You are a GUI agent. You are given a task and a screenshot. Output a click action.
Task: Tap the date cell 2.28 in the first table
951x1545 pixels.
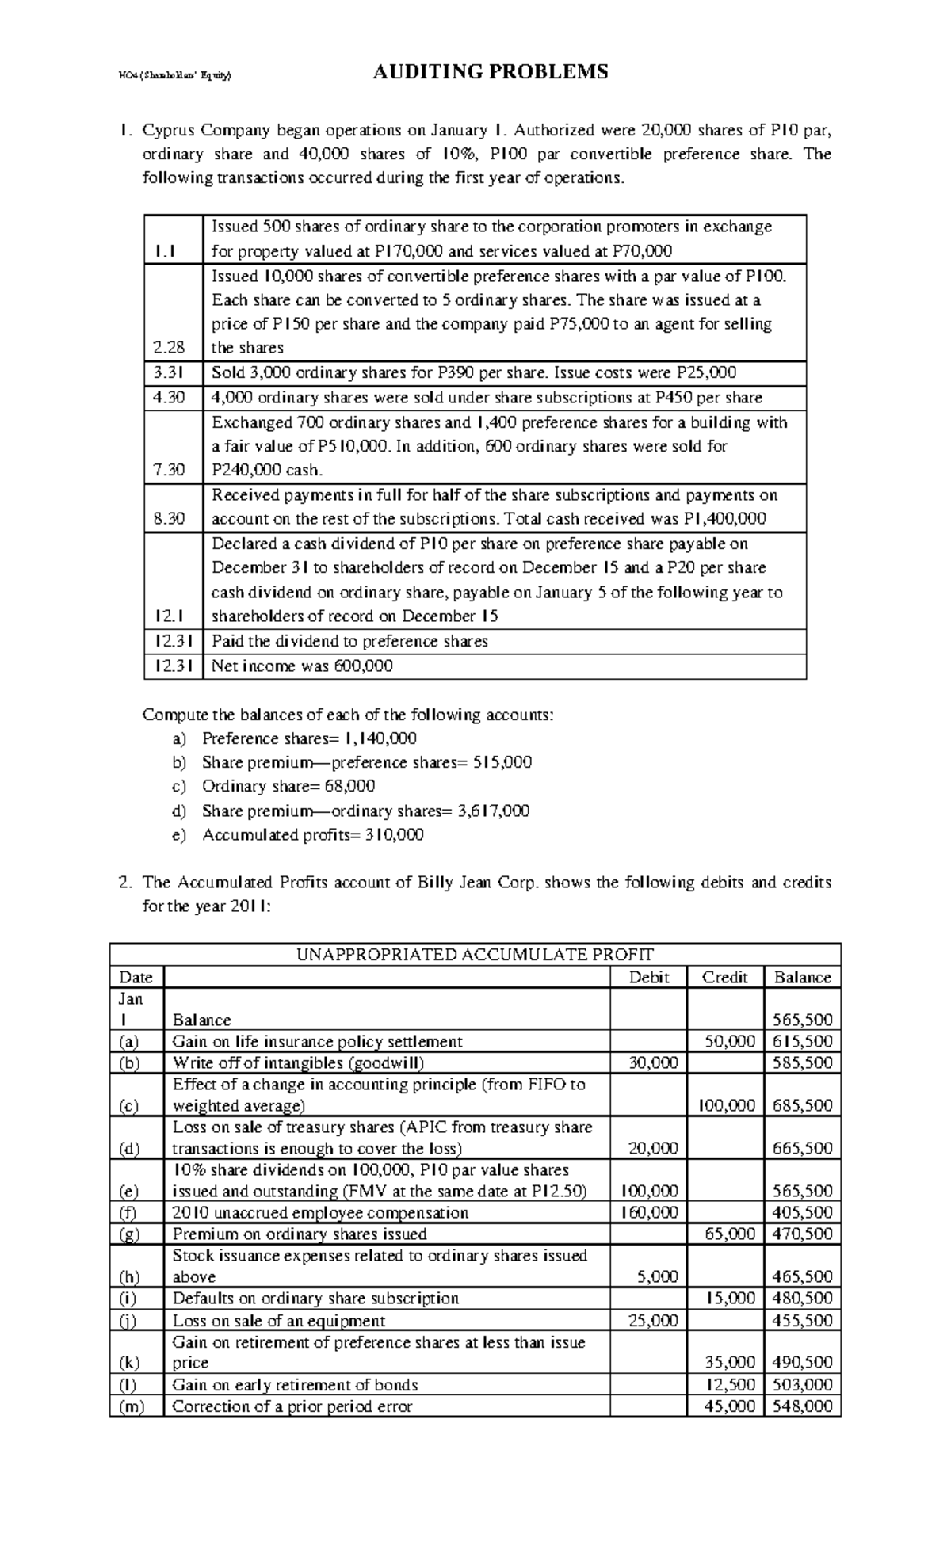tap(174, 347)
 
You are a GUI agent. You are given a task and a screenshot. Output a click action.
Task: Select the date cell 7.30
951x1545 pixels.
tap(169, 470)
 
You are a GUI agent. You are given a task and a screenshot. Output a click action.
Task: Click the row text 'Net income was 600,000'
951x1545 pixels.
tap(302, 666)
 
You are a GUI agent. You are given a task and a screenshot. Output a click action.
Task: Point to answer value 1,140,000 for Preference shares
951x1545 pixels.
tap(380, 738)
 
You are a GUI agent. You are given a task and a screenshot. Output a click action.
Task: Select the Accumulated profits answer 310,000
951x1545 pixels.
tap(394, 835)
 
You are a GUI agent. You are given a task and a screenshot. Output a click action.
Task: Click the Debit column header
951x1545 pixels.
tap(648, 977)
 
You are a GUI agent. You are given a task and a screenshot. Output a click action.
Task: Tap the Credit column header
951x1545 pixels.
tap(724, 977)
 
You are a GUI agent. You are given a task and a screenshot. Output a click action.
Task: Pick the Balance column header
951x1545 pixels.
tap(802, 977)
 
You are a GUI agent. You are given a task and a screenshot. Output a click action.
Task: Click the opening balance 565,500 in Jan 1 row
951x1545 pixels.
tap(802, 1020)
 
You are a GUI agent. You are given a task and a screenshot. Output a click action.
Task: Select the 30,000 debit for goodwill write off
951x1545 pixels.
tap(653, 1062)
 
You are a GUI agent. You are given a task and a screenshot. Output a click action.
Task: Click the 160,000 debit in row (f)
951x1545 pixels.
tap(648, 1212)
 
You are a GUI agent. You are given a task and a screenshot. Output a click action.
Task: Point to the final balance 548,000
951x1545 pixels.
tap(802, 1406)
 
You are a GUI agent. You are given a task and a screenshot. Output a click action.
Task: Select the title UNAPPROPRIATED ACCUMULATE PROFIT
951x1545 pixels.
tap(475, 954)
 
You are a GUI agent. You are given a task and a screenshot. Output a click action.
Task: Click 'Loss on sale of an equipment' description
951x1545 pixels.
tap(279, 1321)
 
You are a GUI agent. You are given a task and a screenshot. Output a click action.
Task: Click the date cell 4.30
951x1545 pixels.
tap(169, 397)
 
